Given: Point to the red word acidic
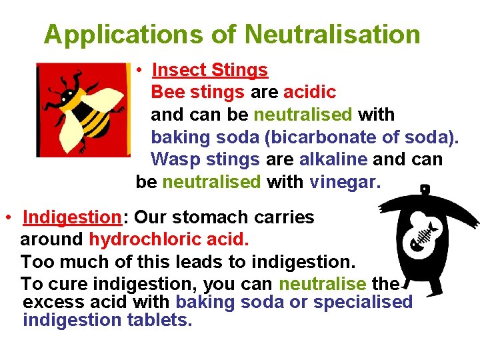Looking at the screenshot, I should pos(309,92).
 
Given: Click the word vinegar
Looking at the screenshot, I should pos(345,182).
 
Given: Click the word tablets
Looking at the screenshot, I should pos(159,320).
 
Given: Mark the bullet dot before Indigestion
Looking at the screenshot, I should pos(7,218).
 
